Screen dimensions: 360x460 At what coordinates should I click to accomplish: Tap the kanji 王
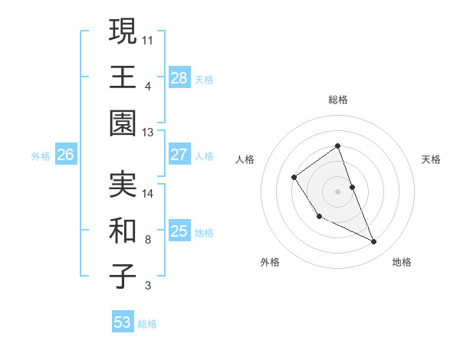(x=123, y=77)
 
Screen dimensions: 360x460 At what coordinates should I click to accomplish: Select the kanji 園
(x=123, y=123)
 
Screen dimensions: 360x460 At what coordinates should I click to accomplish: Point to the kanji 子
(x=123, y=277)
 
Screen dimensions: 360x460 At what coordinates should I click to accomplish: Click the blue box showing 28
(x=179, y=78)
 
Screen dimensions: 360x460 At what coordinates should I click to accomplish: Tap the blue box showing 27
(x=179, y=155)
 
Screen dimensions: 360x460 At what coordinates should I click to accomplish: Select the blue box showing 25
(x=179, y=231)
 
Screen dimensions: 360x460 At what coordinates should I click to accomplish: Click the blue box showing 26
(x=65, y=155)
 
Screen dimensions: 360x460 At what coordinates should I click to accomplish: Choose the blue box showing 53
(x=123, y=322)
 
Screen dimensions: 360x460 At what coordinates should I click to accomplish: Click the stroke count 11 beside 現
(x=148, y=38)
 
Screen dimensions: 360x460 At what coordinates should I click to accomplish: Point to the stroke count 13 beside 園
(x=147, y=133)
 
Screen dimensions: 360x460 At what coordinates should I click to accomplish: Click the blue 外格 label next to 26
(x=41, y=155)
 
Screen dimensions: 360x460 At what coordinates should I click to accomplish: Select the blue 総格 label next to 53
(x=147, y=324)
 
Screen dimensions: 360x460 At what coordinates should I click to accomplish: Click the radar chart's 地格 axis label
(x=402, y=262)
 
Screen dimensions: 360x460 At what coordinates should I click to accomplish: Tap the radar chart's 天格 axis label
(x=431, y=159)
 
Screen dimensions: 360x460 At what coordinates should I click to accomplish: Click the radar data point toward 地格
(x=374, y=242)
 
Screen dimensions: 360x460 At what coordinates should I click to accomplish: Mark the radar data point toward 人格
(x=294, y=178)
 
